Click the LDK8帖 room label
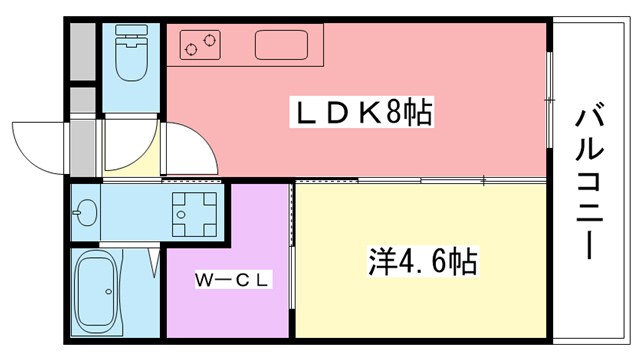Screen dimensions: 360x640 [x=361, y=113]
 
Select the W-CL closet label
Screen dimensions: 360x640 [x=231, y=280]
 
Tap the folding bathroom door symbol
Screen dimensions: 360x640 [x=154, y=262]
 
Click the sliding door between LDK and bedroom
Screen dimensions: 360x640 [x=420, y=181]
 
